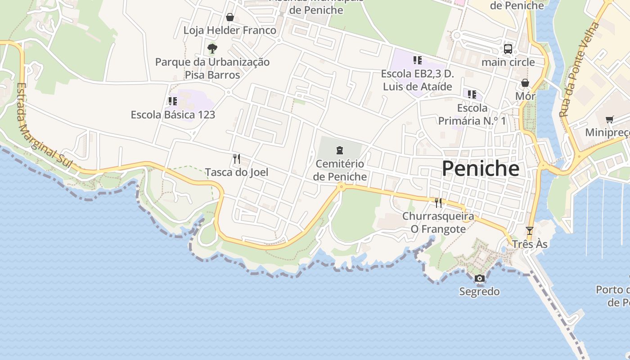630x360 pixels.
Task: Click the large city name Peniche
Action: pyautogui.click(x=480, y=169)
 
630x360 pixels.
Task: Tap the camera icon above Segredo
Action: pyautogui.click(x=480, y=279)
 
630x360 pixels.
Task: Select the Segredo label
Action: pyautogui.click(x=479, y=292)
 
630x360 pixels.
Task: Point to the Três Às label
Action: pyautogui.click(x=530, y=244)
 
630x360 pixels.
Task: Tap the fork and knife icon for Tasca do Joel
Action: pyautogui.click(x=237, y=158)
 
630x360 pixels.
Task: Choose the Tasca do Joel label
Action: pyautogui.click(x=237, y=172)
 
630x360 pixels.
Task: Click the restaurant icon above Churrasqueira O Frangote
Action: pyautogui.click(x=438, y=203)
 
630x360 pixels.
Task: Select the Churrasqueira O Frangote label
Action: pyautogui.click(x=438, y=223)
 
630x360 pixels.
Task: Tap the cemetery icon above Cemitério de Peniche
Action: pyautogui.click(x=340, y=150)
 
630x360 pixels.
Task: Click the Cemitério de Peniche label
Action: pyautogui.click(x=340, y=170)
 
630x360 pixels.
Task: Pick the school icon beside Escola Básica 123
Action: pyautogui.click(x=173, y=101)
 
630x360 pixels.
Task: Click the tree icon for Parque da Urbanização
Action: pyautogui.click(x=212, y=48)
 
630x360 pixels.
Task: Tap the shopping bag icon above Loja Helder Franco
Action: pyautogui.click(x=230, y=17)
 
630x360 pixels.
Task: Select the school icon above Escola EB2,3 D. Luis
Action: pyautogui.click(x=417, y=60)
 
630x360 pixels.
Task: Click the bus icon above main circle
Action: pyautogui.click(x=508, y=49)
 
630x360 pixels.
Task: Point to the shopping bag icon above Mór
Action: pyautogui.click(x=525, y=83)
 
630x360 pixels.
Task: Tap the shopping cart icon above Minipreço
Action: pyautogui.click(x=610, y=119)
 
